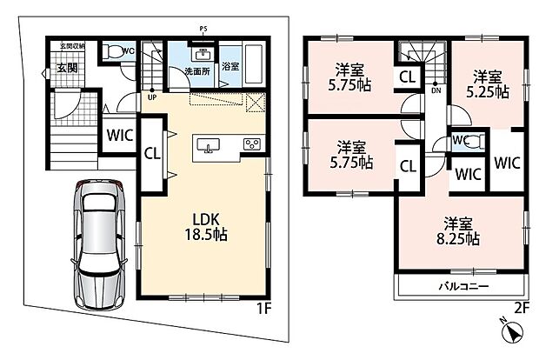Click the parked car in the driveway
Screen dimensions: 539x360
click(x=98, y=244)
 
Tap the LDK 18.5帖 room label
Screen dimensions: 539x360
click(x=206, y=227)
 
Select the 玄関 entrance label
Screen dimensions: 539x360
click(x=67, y=68)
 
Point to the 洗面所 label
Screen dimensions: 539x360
click(x=197, y=71)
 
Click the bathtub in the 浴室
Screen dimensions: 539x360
click(x=254, y=63)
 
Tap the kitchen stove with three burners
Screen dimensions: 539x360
click(x=252, y=144)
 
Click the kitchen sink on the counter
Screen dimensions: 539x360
click(x=208, y=144)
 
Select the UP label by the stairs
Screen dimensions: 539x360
click(x=152, y=97)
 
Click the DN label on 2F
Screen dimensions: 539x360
click(x=436, y=90)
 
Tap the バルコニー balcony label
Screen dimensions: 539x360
click(x=463, y=286)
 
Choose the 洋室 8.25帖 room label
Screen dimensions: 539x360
click(x=458, y=231)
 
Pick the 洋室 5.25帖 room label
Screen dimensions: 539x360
click(x=488, y=84)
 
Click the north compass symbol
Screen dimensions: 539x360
click(x=512, y=331)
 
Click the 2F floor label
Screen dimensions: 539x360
click(x=521, y=308)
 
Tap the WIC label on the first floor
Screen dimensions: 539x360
click(x=120, y=135)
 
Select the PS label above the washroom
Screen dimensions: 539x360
click(x=203, y=29)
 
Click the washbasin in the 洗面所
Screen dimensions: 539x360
click(x=203, y=54)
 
